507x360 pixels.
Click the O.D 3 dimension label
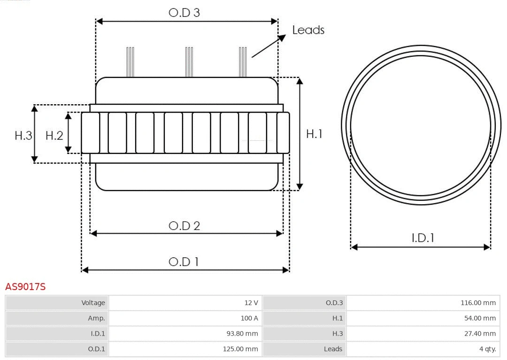tap(184, 13)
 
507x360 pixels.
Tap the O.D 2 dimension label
tap(184, 226)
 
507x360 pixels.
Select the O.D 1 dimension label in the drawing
tap(184, 261)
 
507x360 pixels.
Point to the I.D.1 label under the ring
tap(422, 238)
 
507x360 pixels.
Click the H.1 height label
tap(314, 134)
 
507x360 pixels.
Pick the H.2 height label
tap(54, 136)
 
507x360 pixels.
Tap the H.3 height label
tap(23, 136)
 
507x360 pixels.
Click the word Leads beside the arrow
tap(308, 30)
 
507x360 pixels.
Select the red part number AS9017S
tap(25, 286)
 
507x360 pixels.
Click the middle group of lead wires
tap(189, 62)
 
